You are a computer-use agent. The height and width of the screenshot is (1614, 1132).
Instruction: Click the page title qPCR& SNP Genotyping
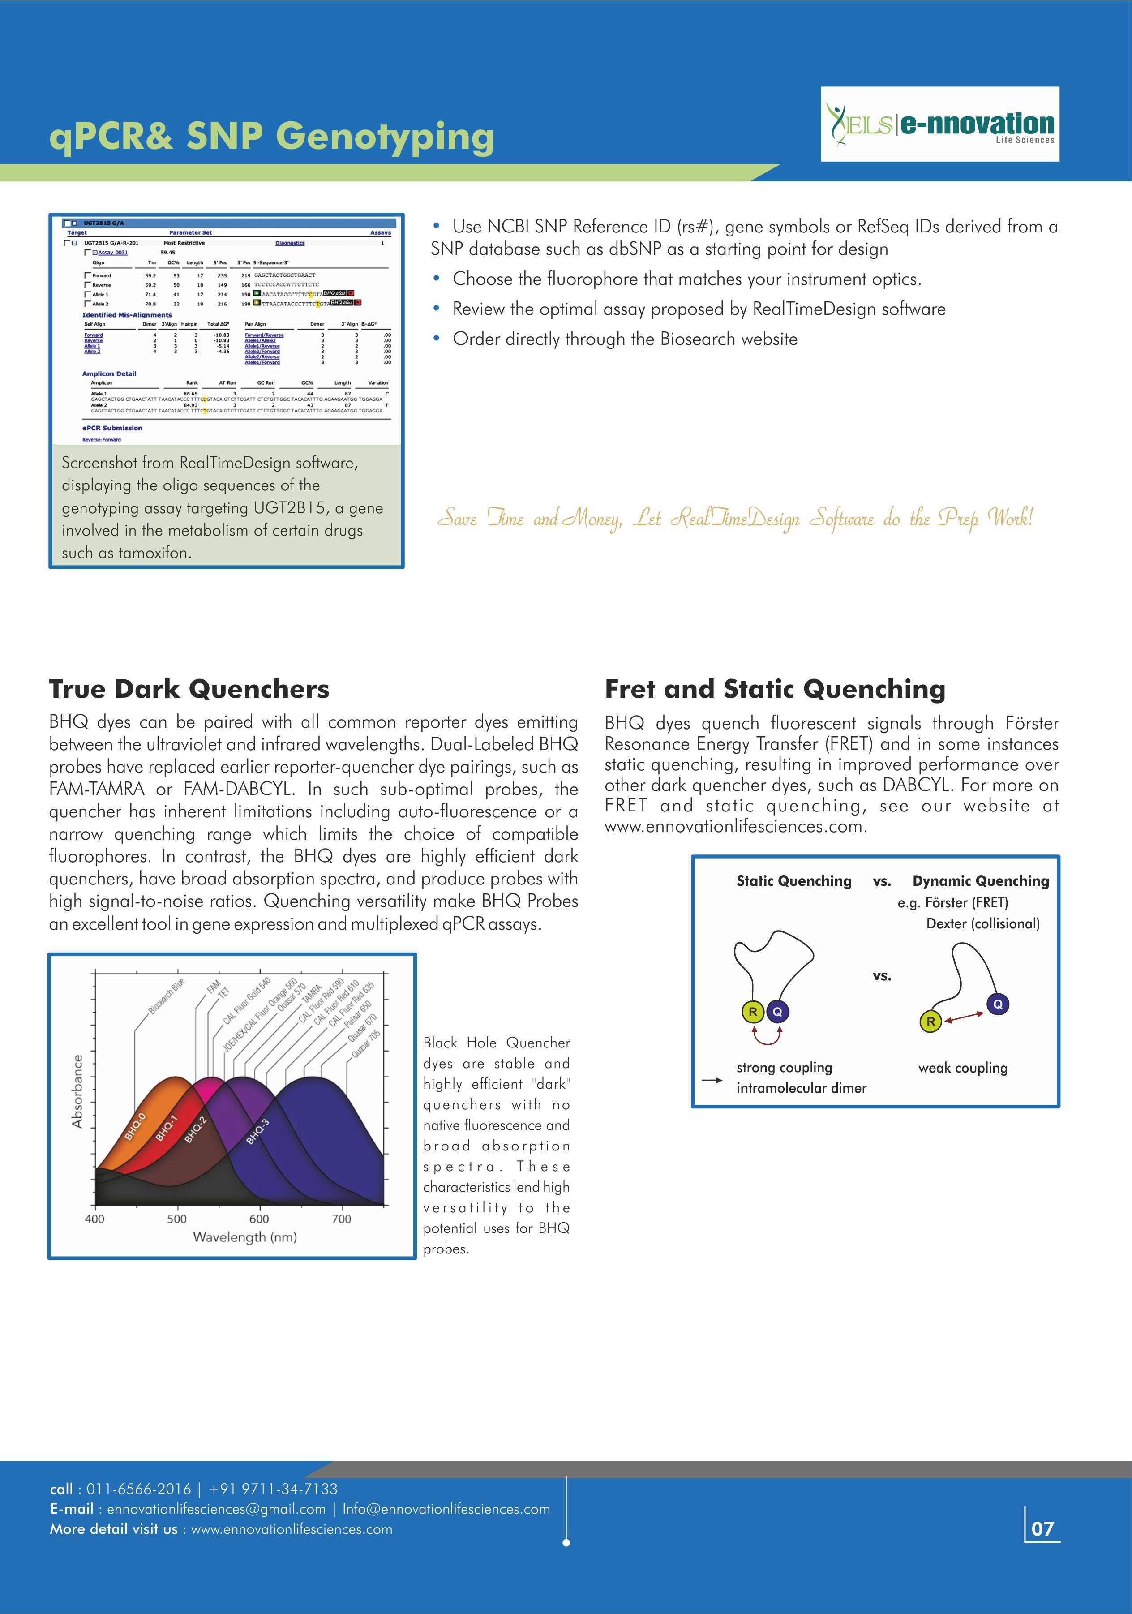[271, 136]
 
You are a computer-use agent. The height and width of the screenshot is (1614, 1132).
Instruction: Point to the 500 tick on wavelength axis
[176, 1219]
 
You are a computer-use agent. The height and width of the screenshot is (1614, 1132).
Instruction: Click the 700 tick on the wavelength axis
[342, 1219]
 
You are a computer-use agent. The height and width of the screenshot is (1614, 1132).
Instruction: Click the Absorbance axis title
[77, 1091]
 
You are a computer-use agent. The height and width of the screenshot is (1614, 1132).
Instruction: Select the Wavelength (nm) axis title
[245, 1237]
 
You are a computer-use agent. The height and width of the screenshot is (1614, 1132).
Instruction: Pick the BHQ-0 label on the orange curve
[135, 1126]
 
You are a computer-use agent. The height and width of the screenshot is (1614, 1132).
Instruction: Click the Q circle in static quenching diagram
[777, 1012]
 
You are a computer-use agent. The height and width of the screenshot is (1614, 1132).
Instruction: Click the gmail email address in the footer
[216, 1509]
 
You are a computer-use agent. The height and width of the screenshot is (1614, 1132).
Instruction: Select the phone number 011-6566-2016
[138, 1489]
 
